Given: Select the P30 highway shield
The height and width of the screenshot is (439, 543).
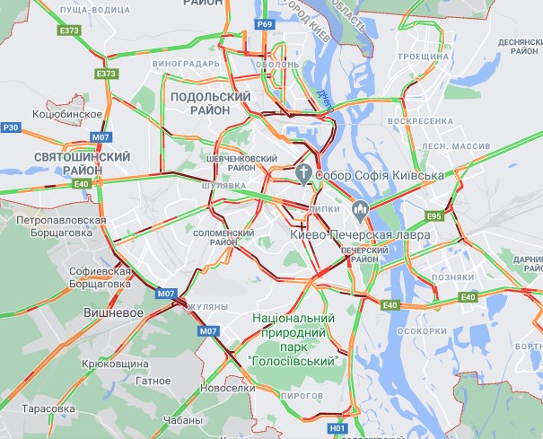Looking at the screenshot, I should tap(11, 127).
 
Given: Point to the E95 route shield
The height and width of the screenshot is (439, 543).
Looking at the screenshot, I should tap(435, 216).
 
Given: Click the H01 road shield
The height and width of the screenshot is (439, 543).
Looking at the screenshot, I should tap(337, 429).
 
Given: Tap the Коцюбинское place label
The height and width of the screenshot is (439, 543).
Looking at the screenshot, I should tap(66, 115).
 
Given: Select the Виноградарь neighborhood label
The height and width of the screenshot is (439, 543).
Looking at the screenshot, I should tap(186, 65).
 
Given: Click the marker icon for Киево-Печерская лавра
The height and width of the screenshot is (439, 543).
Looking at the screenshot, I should tap(361, 212).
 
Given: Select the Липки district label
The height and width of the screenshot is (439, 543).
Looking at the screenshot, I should tap(323, 207).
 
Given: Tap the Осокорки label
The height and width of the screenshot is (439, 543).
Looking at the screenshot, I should tap(421, 330).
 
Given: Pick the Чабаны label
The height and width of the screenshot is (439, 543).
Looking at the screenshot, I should tap(183, 420).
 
